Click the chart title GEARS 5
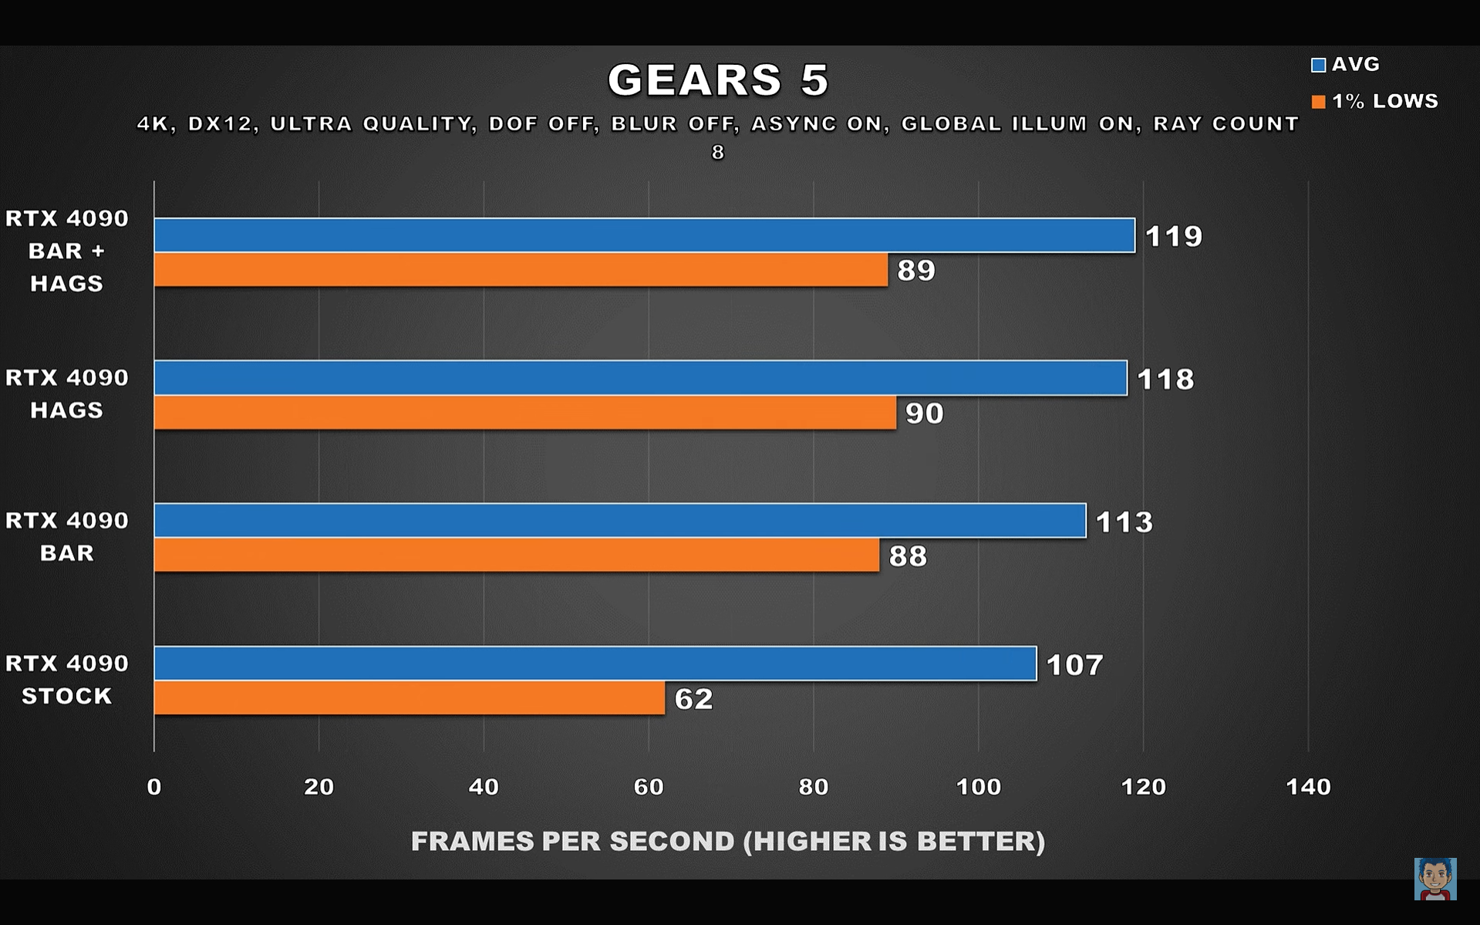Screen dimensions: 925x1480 tap(718, 79)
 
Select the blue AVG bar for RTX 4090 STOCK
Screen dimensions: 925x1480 tap(595, 663)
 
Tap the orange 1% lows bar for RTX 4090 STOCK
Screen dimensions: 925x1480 tap(409, 698)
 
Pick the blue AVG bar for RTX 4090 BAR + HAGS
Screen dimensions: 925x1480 tap(644, 235)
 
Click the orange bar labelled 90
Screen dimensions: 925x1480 tap(524, 413)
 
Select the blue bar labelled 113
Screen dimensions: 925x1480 tap(619, 521)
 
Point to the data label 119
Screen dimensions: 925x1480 tap(1173, 236)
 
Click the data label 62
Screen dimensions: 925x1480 tap(693, 699)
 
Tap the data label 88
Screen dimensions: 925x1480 tap(908, 556)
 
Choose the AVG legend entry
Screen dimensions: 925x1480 tap(1346, 65)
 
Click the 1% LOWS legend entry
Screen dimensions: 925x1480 tap(1375, 101)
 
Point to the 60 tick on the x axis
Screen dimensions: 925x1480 tap(648, 787)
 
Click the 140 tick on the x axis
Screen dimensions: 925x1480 tap(1308, 787)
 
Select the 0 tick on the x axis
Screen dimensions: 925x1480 tap(154, 787)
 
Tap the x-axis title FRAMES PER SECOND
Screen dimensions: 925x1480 tap(727, 841)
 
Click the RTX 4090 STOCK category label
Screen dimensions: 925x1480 tap(67, 680)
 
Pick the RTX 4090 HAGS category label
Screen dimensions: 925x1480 tap(67, 393)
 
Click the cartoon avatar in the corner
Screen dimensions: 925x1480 tap(1434, 879)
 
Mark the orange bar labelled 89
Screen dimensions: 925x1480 tap(521, 270)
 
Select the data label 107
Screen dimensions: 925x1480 tap(1074, 665)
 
